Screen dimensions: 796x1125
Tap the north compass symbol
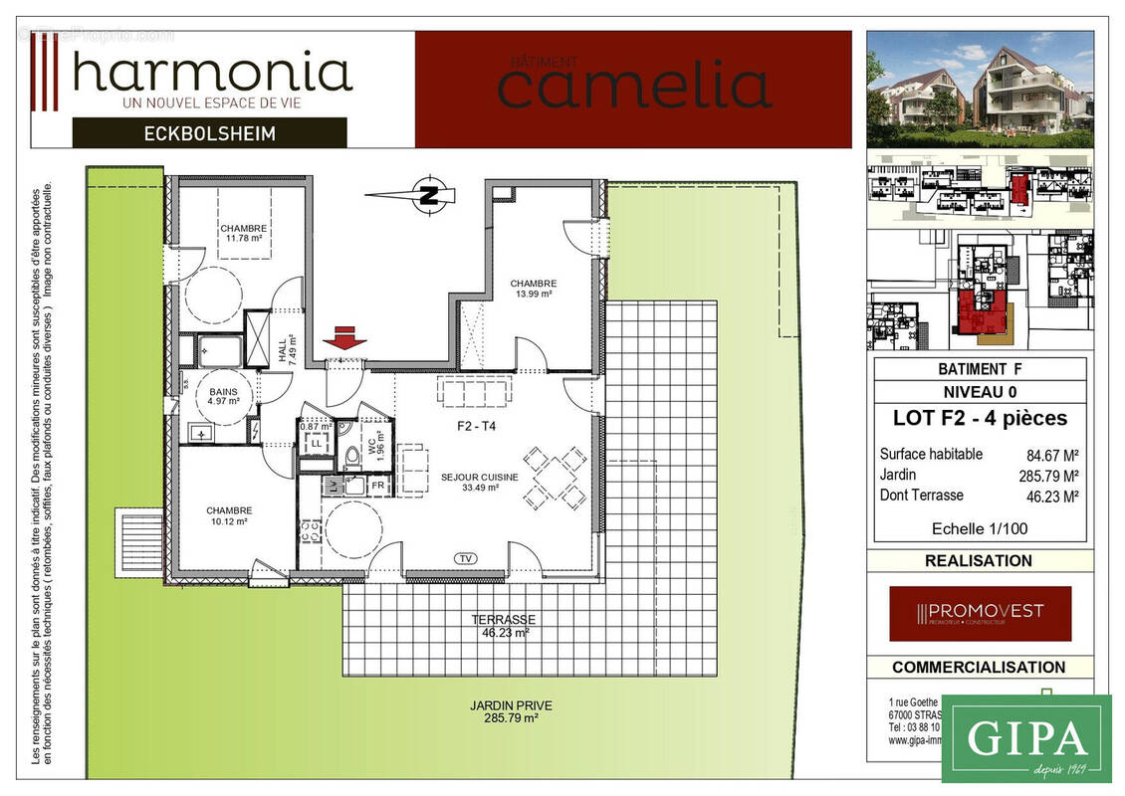[x=429, y=195]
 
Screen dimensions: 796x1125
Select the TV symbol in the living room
[x=465, y=558]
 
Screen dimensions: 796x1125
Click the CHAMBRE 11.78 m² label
[x=243, y=233]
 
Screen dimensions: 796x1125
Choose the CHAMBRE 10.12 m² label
[x=229, y=514]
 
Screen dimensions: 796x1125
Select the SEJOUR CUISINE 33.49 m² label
[x=479, y=483]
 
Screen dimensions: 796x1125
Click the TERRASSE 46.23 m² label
[x=503, y=625]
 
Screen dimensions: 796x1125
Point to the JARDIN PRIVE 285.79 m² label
[x=511, y=711]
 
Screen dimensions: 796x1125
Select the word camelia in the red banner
[x=634, y=84]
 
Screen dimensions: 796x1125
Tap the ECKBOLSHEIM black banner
[x=209, y=132]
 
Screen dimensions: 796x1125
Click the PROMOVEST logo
[x=980, y=612]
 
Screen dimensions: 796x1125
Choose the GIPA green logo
[x=1025, y=738]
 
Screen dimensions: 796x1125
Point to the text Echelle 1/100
[x=980, y=528]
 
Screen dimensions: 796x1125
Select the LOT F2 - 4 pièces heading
[x=980, y=418]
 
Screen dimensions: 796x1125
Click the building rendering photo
[x=980, y=88]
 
